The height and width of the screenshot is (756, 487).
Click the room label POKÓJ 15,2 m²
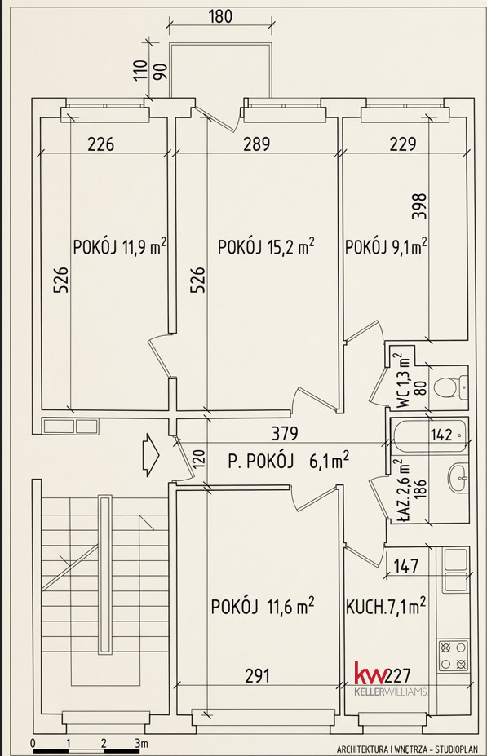(266, 246)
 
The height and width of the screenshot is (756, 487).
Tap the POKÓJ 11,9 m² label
(120, 246)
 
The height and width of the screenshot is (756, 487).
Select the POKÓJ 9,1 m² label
(386, 246)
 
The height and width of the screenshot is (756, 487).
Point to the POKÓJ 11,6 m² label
(263, 606)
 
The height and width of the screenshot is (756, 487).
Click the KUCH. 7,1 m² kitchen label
(386, 606)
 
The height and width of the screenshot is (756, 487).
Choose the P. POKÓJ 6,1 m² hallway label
(288, 461)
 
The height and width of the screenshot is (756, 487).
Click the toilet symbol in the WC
(450, 387)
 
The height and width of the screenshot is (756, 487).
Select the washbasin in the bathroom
(458, 478)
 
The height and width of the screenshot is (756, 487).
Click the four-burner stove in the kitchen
(454, 656)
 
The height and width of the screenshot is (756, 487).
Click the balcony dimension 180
(220, 16)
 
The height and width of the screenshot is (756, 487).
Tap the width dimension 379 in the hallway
(285, 433)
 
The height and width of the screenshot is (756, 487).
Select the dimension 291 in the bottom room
(258, 676)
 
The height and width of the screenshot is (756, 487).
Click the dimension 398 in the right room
(421, 206)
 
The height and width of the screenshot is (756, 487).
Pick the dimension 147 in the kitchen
(406, 566)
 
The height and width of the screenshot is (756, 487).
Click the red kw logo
(370, 674)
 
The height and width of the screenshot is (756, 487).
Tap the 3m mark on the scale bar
(141, 742)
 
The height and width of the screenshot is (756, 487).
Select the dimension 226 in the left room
(101, 144)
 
